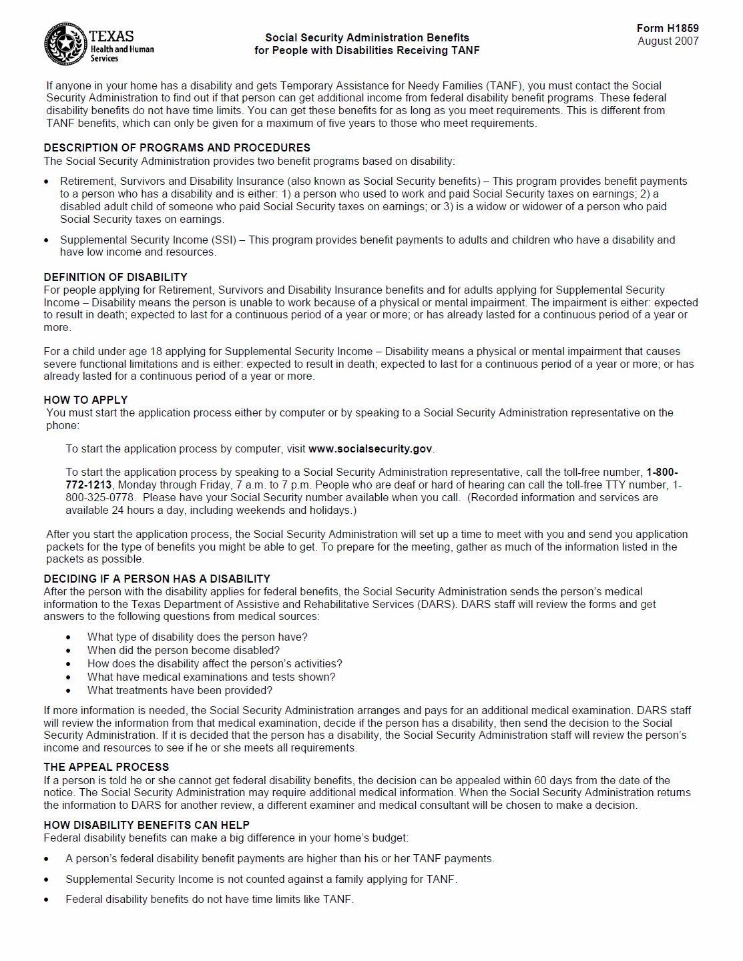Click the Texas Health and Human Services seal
[x=65, y=44]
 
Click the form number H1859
[x=668, y=28]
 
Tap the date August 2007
[x=668, y=41]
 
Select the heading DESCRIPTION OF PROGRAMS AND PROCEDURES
[x=177, y=147]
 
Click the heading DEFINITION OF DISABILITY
[x=115, y=277]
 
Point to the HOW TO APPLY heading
[x=85, y=400]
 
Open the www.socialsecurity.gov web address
[x=370, y=449]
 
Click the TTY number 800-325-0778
[x=100, y=497]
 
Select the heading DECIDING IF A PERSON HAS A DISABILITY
[x=157, y=579]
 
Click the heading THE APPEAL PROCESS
[x=106, y=767]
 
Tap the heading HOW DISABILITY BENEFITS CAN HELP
[x=146, y=825]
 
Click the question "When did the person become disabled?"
[x=184, y=650]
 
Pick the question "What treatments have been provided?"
[x=180, y=690]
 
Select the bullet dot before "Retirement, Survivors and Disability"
[x=46, y=182]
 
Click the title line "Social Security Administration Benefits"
[x=366, y=37]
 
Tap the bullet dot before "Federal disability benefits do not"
[x=46, y=900]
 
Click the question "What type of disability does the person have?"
[x=197, y=637]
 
